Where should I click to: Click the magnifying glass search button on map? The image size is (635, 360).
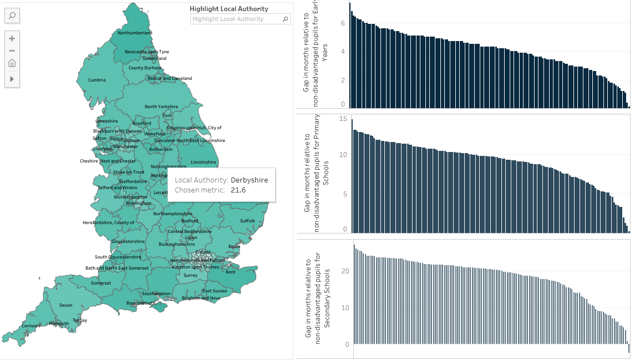[x=12, y=16]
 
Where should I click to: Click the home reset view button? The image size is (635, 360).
[x=12, y=63]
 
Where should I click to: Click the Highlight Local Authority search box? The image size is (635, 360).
[x=236, y=19]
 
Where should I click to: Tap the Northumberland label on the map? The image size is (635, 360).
[x=134, y=33]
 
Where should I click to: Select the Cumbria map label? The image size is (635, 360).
[x=96, y=80]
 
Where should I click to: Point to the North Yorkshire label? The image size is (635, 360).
[x=161, y=107]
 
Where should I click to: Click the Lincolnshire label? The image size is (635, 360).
[x=203, y=162]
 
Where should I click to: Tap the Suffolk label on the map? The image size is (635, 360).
[x=247, y=221]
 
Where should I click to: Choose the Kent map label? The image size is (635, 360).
[x=230, y=272]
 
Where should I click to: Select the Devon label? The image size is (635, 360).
[x=66, y=305]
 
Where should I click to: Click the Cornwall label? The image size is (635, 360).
[x=31, y=325]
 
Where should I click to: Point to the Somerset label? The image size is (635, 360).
[x=101, y=283]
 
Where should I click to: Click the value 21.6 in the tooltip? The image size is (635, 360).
[x=238, y=190]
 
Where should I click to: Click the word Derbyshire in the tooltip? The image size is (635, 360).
[x=249, y=180]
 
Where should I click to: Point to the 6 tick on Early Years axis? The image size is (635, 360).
[x=343, y=23]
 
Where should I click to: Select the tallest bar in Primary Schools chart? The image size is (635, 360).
[x=352, y=175]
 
